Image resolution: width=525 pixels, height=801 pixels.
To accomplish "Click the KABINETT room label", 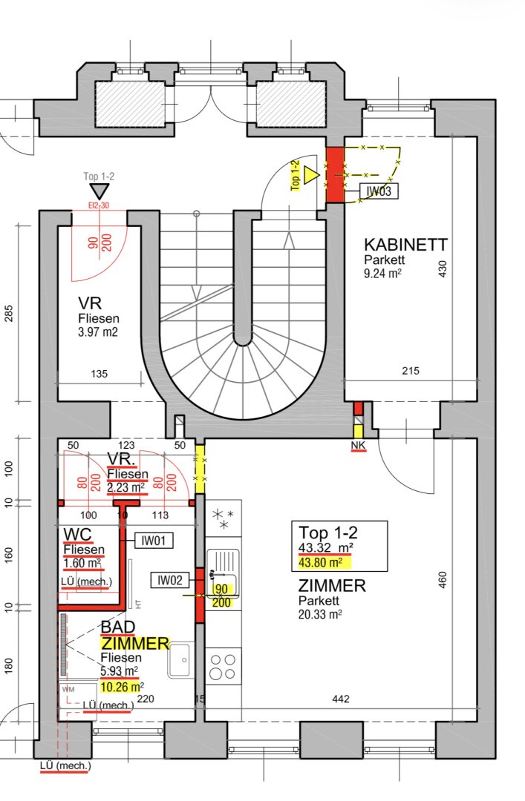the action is pyautogui.click(x=405, y=244).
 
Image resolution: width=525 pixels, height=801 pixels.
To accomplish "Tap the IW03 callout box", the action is pyautogui.click(x=379, y=191).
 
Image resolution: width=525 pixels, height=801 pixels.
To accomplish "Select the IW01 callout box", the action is pyautogui.click(x=154, y=541).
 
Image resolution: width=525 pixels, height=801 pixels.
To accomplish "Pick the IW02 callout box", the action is pyautogui.click(x=170, y=580).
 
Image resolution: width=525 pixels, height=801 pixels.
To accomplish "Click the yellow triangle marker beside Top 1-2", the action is pyautogui.click(x=310, y=175).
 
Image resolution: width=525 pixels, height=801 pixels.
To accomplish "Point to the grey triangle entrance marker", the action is pyautogui.click(x=100, y=192).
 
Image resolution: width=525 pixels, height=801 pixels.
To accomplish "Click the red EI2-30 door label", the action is pyautogui.click(x=99, y=205).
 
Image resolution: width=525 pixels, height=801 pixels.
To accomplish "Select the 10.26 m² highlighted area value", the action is pyautogui.click(x=122, y=687).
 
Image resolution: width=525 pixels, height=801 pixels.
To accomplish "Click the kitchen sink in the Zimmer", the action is pyautogui.click(x=223, y=573).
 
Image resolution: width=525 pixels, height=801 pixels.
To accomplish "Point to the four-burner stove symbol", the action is pyautogui.click(x=224, y=666).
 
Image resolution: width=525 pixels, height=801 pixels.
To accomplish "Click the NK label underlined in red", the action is pyautogui.click(x=358, y=446).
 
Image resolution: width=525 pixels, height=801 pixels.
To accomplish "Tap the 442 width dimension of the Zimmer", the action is pyautogui.click(x=340, y=699).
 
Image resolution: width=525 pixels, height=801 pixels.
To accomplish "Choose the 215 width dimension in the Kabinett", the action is pyautogui.click(x=411, y=371).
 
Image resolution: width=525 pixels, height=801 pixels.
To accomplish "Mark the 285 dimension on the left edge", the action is pyautogui.click(x=9, y=314).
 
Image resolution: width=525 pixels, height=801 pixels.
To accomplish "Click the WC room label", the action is pyautogui.click(x=78, y=535).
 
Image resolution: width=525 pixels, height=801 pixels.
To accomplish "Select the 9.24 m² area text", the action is pyautogui.click(x=382, y=273).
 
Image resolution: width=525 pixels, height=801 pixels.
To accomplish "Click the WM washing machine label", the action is pyautogui.click(x=68, y=690).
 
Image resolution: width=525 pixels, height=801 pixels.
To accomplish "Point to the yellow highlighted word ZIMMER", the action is pyautogui.click(x=134, y=643).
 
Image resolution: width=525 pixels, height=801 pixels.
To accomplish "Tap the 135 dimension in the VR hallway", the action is pyautogui.click(x=100, y=374).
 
